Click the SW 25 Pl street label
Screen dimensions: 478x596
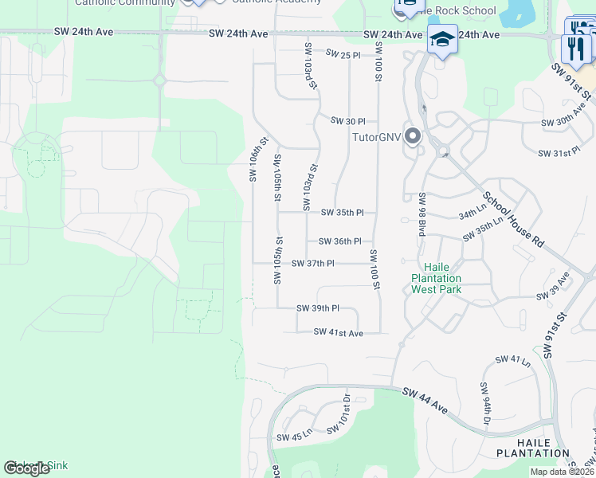point(344,53)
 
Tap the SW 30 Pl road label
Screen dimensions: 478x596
point(348,122)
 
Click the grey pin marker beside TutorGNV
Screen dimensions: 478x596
point(412,137)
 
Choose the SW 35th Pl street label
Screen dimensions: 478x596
point(342,213)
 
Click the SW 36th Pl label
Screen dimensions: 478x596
point(339,241)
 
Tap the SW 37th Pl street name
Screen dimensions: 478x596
point(312,264)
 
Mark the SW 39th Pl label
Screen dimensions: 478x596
point(317,308)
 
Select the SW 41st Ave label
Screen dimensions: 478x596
point(338,332)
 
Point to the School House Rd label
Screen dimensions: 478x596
point(512,217)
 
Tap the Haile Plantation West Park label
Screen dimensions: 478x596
point(436,278)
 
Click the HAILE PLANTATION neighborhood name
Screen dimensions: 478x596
point(543,448)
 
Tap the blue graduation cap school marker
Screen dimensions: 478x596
point(442,39)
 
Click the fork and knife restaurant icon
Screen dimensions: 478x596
point(575,48)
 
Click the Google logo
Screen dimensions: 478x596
point(27,468)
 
